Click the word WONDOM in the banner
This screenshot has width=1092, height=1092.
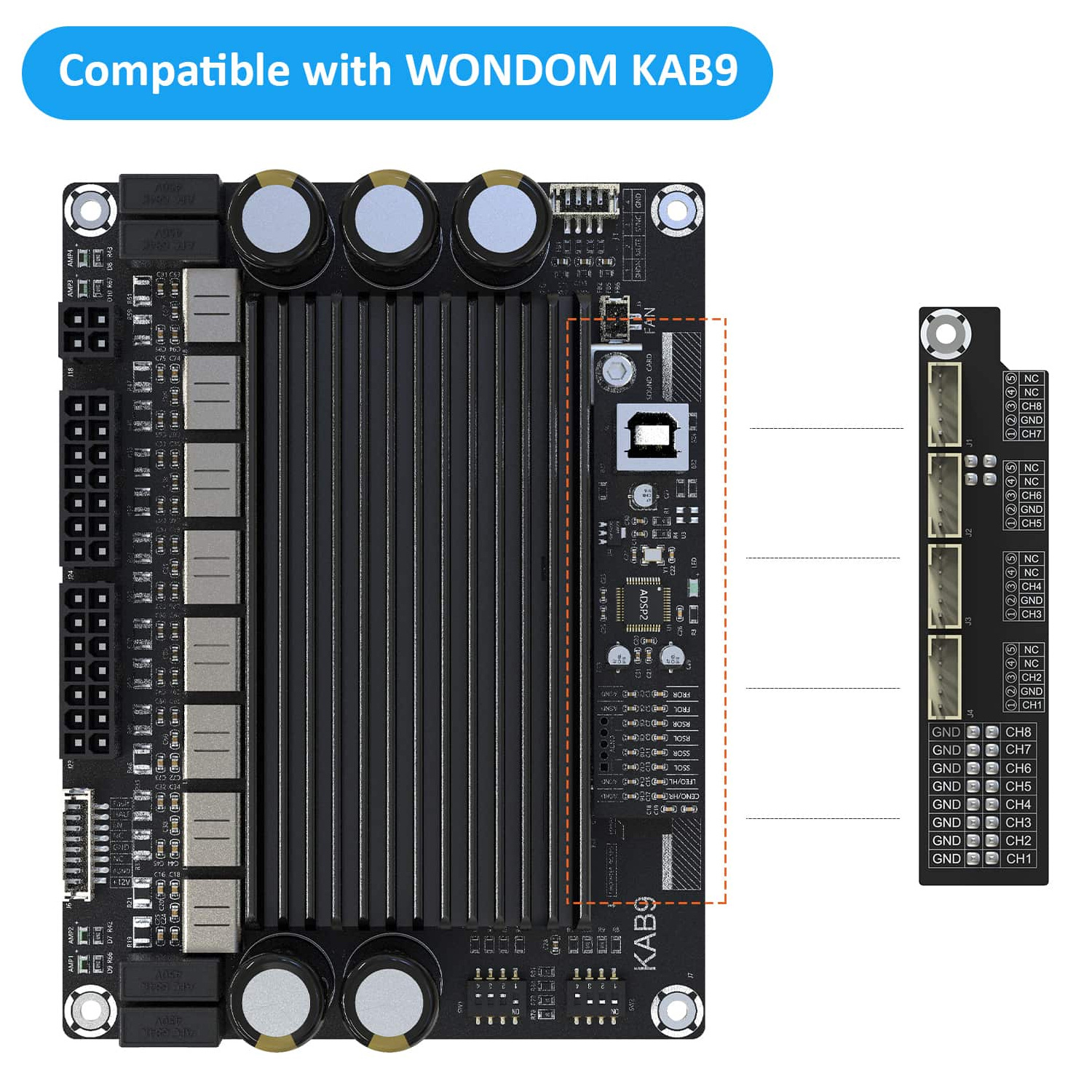[x=511, y=71]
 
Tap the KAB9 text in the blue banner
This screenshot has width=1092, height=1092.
[x=684, y=71]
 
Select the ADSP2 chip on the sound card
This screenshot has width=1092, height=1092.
[x=644, y=604]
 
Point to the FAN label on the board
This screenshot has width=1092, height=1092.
[x=649, y=320]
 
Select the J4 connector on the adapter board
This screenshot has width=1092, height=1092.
[x=944, y=676]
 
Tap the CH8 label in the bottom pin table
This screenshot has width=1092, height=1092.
[x=1018, y=732]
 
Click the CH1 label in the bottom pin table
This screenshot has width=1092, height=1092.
[x=1018, y=859]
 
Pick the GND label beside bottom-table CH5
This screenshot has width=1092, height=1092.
[x=946, y=786]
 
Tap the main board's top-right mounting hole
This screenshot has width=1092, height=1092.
[x=676, y=211]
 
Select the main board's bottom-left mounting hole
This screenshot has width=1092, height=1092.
[x=90, y=1010]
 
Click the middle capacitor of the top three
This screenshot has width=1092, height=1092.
[x=389, y=218]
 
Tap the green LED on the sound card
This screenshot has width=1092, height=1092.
[x=694, y=587]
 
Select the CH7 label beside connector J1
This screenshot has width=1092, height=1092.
[x=1031, y=434]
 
